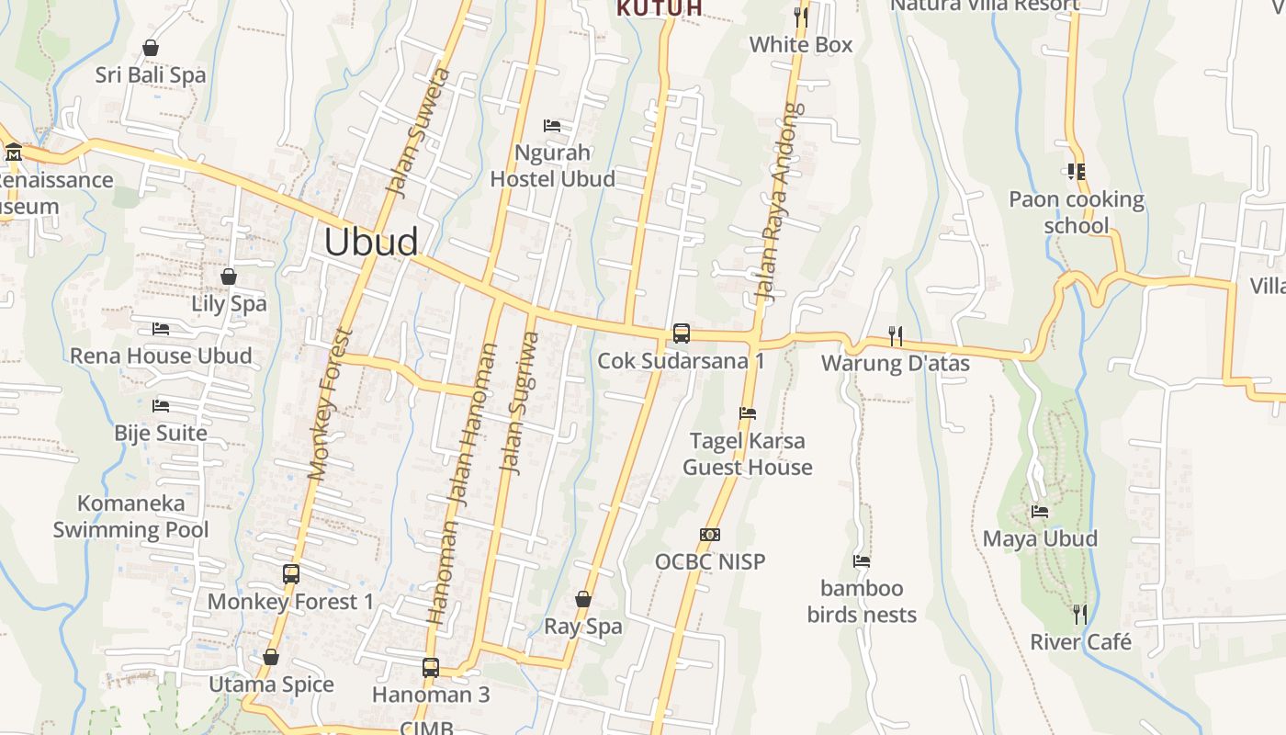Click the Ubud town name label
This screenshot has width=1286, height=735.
(371, 242)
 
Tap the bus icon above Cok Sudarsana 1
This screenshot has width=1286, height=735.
(681, 334)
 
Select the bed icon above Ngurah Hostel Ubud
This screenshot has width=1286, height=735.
(552, 125)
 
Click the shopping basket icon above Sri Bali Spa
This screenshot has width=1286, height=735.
(151, 47)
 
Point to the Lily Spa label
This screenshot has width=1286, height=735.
(229, 303)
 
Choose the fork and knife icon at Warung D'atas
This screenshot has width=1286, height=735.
(895, 335)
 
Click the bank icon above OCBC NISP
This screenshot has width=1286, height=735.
(709, 535)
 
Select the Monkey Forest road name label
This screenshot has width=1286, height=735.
(331, 404)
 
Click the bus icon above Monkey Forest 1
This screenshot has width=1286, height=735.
(291, 574)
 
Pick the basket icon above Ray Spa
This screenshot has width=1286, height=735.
(583, 599)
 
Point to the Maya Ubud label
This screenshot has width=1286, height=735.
(1040, 538)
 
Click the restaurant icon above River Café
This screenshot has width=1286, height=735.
(1080, 614)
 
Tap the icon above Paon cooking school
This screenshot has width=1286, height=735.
(1077, 172)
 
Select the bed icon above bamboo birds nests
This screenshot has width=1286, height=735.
(862, 560)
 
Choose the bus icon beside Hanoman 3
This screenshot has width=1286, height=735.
(430, 667)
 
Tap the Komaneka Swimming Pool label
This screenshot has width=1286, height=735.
(130, 516)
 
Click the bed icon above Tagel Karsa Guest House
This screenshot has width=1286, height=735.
(748, 413)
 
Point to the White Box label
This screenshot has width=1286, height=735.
(801, 44)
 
